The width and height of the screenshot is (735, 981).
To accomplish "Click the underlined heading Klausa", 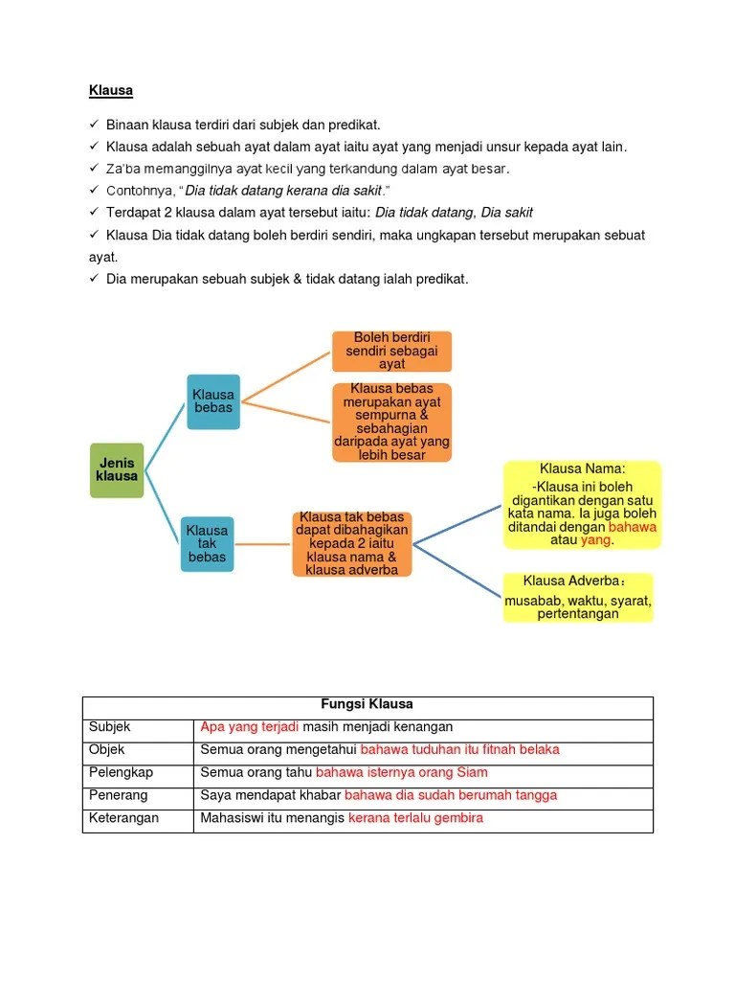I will pyautogui.click(x=110, y=91).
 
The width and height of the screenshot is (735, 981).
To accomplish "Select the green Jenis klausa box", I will pyautogui.click(x=117, y=469).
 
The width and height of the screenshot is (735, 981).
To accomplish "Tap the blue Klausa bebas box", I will pyautogui.click(x=212, y=401).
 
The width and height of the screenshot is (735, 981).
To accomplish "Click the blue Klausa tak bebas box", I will pyautogui.click(x=207, y=543).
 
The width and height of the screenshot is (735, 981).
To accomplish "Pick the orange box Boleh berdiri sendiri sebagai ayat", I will pyautogui.click(x=391, y=352).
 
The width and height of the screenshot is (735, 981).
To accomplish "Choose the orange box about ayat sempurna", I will pyautogui.click(x=391, y=422).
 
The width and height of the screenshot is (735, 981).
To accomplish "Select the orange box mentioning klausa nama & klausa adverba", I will pyautogui.click(x=351, y=543).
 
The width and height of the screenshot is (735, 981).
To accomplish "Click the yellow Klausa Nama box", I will pyautogui.click(x=582, y=504).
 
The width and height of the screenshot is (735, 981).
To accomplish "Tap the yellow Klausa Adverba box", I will pyautogui.click(x=577, y=598).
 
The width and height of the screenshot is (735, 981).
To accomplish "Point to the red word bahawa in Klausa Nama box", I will pyautogui.click(x=633, y=527).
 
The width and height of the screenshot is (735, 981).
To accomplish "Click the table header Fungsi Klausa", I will pyautogui.click(x=367, y=704).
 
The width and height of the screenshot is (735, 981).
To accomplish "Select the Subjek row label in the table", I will pyautogui.click(x=109, y=727).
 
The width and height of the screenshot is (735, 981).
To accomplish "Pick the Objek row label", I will pyautogui.click(x=107, y=749).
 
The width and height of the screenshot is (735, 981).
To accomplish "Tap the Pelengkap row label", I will pyautogui.click(x=121, y=772).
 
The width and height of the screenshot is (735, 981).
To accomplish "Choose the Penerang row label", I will pyautogui.click(x=118, y=795).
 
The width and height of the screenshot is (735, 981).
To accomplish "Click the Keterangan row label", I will pyautogui.click(x=123, y=818).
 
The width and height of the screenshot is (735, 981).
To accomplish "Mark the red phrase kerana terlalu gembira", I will pyautogui.click(x=415, y=818).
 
